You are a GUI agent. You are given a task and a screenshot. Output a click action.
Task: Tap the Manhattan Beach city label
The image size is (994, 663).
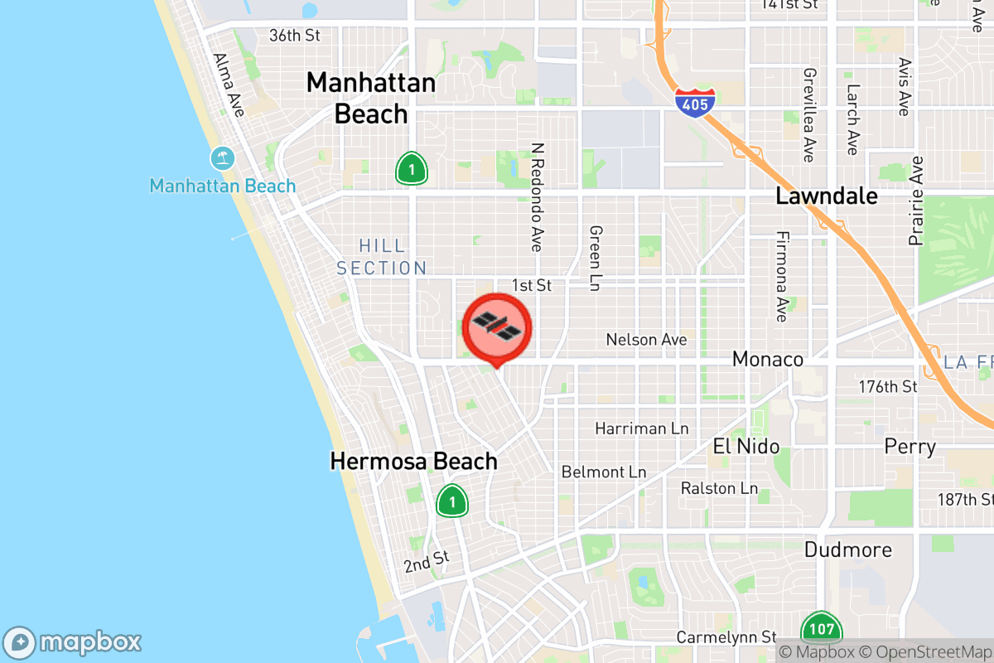coord(370,98)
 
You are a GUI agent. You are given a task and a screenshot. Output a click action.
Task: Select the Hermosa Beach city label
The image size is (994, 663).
coord(413,461)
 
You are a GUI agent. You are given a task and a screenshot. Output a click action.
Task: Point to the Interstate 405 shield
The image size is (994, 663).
coord(694,101)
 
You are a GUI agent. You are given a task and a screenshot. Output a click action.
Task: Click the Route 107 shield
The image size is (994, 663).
coord(821,629)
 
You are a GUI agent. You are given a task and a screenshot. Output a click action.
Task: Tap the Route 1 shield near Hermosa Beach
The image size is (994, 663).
coord(452,501)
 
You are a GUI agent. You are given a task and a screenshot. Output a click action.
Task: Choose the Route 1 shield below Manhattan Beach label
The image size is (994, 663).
coord(411,168)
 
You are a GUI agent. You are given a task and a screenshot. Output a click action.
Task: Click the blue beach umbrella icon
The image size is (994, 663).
coord(222,157)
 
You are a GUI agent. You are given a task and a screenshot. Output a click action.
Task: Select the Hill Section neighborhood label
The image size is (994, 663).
coord(382,257)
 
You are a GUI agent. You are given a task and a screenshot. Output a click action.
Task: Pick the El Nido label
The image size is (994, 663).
coord(745,447)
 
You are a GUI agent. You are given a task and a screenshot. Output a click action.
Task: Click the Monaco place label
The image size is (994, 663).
coord(768,359)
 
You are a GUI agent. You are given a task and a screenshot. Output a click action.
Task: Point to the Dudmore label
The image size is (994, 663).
coord(847,549)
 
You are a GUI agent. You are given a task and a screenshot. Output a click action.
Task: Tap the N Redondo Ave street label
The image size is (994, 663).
coord(538,197)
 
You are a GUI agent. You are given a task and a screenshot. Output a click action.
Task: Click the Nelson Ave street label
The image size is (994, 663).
coord(646,340)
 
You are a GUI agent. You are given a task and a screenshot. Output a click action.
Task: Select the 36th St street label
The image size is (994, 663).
coord(294,36)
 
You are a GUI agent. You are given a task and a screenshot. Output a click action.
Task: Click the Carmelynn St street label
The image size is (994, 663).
coord(726,637)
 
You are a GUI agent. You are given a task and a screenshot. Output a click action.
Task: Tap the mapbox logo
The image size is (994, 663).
coord(73,642)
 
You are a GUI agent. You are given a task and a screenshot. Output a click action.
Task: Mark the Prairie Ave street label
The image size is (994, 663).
coord(915,201)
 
